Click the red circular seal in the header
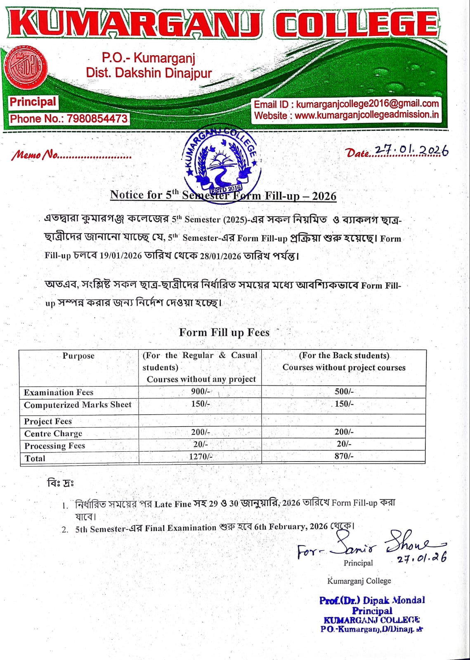(26, 67)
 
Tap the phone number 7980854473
(97, 119)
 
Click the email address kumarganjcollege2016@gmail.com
(367, 104)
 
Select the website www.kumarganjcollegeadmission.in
(367, 115)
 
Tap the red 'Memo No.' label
(35, 155)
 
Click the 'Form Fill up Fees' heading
(224, 332)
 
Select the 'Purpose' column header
(78, 356)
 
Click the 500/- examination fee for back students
(344, 391)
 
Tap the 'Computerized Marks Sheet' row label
(78, 405)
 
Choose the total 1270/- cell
(201, 456)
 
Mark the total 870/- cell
(344, 456)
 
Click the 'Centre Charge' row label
(53, 434)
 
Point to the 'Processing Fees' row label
(54, 446)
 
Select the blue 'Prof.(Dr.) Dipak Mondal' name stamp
(372, 600)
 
